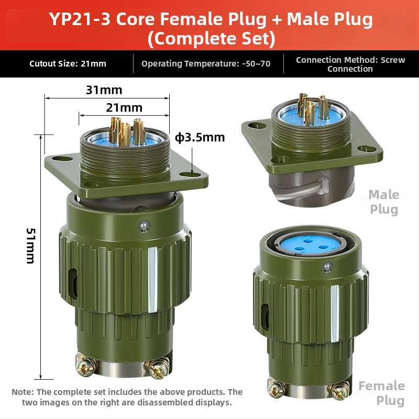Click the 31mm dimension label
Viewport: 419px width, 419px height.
point(104,90)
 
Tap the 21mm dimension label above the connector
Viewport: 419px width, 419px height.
point(124,108)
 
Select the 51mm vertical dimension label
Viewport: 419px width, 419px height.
point(30,246)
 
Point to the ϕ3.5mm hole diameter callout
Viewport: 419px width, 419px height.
point(200,138)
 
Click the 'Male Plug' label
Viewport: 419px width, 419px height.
point(384,202)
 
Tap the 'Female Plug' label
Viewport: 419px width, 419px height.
point(382,393)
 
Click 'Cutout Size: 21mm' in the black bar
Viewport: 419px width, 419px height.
point(68,63)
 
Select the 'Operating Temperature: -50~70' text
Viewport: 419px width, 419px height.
point(206,63)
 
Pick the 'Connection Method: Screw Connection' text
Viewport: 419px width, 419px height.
point(350,64)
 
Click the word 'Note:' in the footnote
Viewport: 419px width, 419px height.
point(23,392)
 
